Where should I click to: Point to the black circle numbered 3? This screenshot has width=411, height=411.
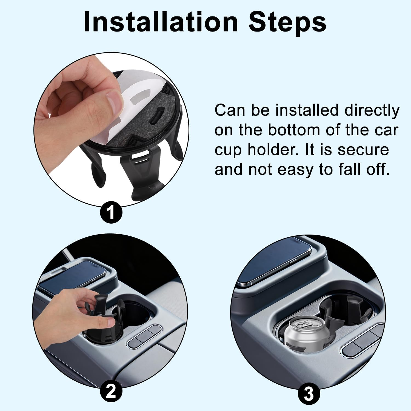click(309, 395)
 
